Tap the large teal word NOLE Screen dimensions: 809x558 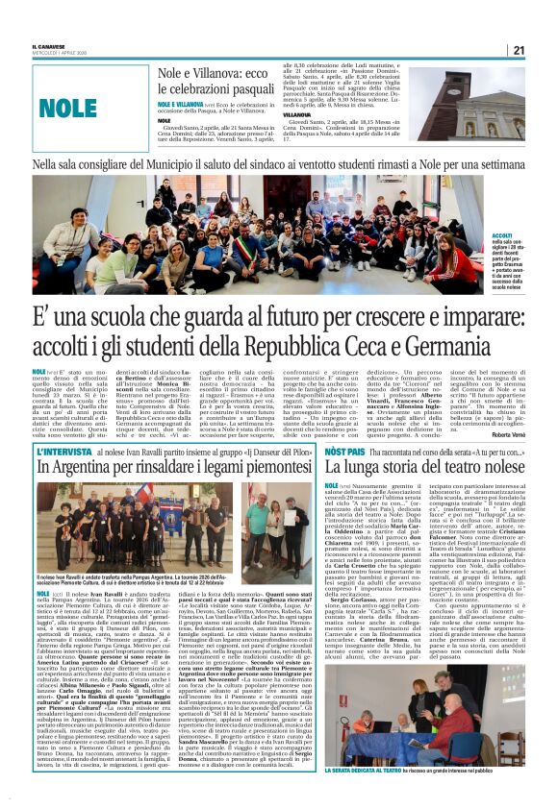click(x=69, y=107)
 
